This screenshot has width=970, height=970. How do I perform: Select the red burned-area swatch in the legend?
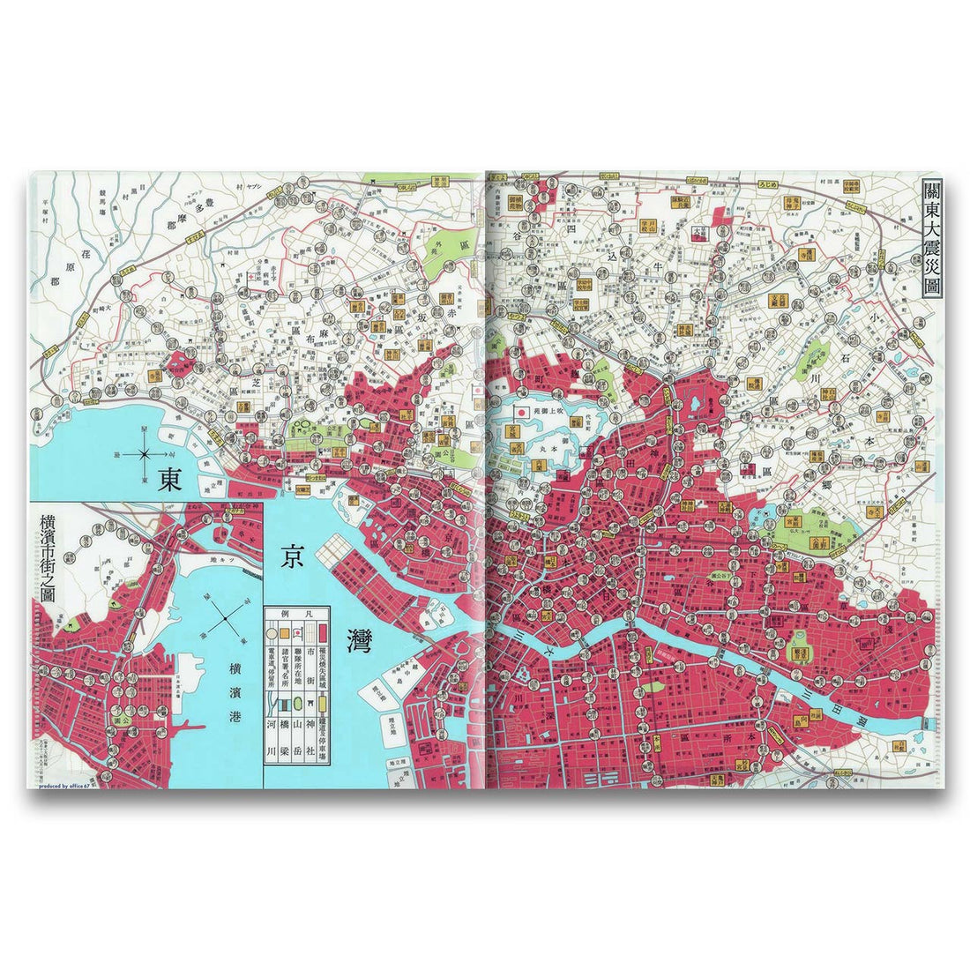323,632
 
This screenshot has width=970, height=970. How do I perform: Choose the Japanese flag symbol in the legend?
297,632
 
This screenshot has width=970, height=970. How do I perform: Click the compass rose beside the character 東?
142,455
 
